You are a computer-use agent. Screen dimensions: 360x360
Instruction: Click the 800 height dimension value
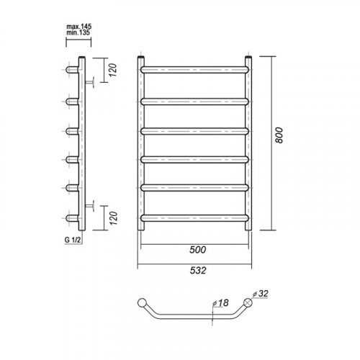(x=279, y=135)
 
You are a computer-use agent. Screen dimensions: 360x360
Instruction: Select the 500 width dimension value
(x=197, y=250)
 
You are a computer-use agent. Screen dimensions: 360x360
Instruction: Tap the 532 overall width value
(x=198, y=271)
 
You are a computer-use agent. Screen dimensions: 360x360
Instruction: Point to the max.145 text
(x=79, y=27)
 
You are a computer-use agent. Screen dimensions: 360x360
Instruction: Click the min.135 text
(x=78, y=32)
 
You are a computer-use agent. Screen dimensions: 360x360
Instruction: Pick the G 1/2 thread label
(x=73, y=240)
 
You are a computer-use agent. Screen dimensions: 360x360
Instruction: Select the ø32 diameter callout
(x=261, y=293)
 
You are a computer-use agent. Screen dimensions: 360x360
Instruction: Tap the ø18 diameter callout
(x=221, y=303)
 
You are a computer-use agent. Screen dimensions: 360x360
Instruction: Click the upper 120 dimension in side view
(x=113, y=70)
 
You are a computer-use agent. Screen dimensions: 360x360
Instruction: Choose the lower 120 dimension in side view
(x=113, y=218)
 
